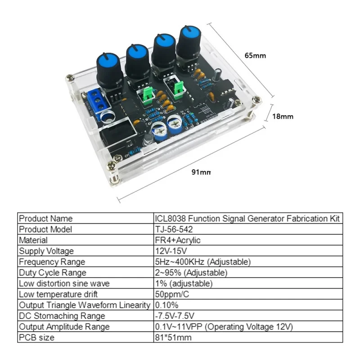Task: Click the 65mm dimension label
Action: (255, 56)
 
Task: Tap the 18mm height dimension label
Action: (283, 116)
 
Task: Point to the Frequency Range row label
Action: (52, 262)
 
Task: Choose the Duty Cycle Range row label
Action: (53, 273)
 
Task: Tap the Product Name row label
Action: (45, 219)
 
